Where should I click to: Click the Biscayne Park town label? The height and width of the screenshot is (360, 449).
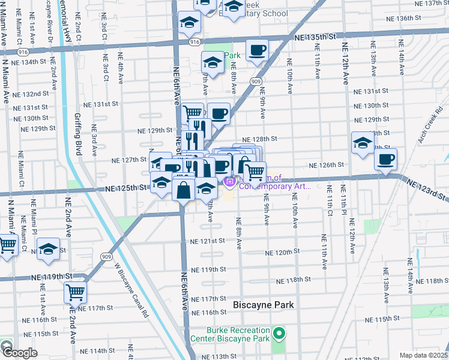coord(264,305)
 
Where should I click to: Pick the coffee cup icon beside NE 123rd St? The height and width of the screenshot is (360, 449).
coord(385,159)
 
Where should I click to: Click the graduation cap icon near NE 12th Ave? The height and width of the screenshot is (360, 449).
coord(362,143)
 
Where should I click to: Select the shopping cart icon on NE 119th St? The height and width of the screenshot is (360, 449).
coord(75,293)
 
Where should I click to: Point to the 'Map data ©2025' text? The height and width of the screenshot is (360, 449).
coord(424,355)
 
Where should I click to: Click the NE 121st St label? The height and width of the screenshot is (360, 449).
coord(207,241)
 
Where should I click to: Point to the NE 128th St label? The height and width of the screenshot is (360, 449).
coord(259,139)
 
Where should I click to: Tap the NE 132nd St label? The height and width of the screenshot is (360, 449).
coord(31,94)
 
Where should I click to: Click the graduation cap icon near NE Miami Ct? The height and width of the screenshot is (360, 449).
coord(48,249)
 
